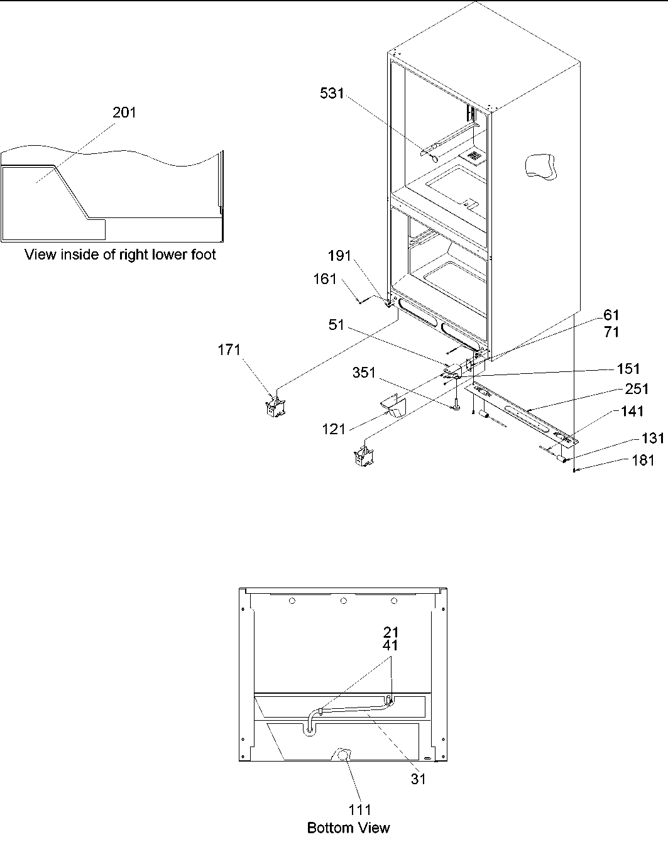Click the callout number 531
(332, 94)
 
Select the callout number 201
(124, 112)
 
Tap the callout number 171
(229, 350)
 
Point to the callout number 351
(363, 373)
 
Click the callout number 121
(334, 429)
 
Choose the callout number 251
(637, 389)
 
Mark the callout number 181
(642, 461)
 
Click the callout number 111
(360, 810)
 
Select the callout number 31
(418, 779)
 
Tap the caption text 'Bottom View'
(348, 828)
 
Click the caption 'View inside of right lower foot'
(120, 254)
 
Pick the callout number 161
(326, 279)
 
